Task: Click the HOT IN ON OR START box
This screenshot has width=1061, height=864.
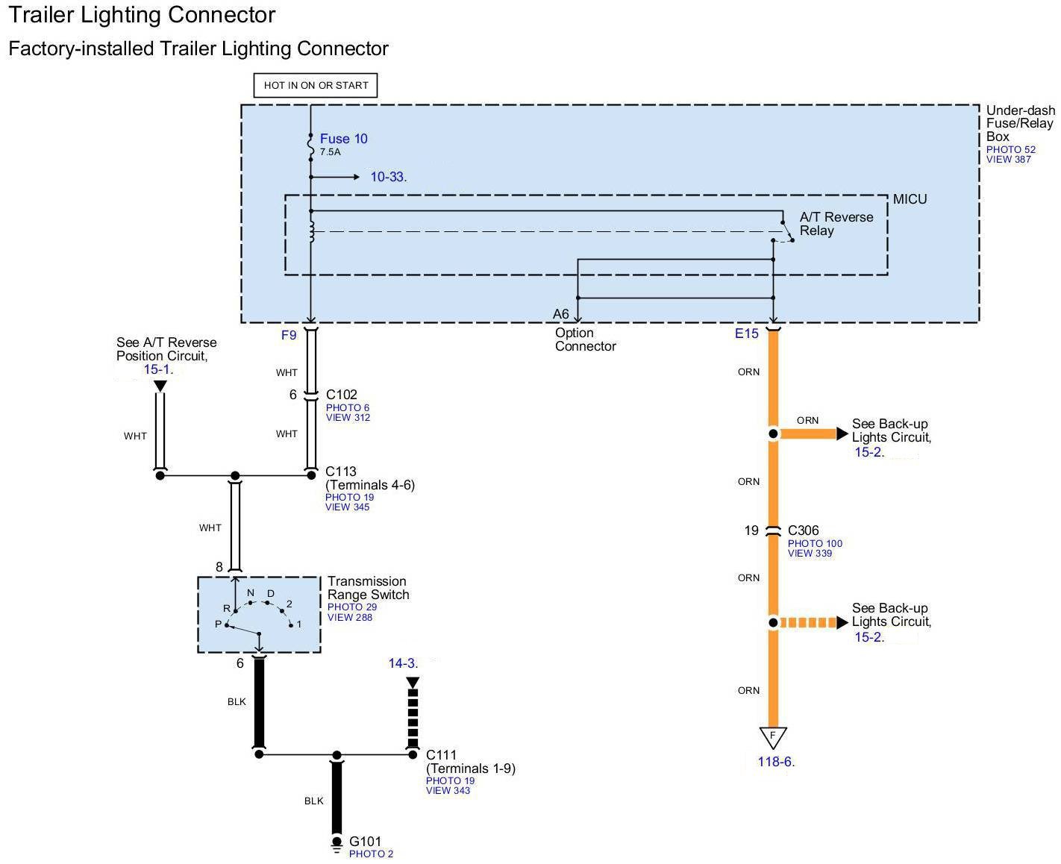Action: (316, 85)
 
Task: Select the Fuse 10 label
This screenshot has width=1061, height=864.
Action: (343, 139)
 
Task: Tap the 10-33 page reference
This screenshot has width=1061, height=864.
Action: (388, 177)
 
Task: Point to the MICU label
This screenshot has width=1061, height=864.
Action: (910, 199)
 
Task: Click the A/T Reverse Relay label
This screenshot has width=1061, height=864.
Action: (836, 224)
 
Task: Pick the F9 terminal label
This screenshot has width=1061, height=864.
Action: (289, 335)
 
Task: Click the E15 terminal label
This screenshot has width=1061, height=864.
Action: (746, 334)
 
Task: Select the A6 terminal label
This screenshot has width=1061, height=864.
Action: (561, 314)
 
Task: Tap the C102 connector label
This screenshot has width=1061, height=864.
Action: (342, 395)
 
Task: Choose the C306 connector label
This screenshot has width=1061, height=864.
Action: (803, 530)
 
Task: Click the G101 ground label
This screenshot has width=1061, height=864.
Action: (365, 842)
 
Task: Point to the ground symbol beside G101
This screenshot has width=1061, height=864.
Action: (337, 845)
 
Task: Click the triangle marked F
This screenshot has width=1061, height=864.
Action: (773, 736)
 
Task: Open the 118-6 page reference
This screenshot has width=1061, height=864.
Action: (776, 762)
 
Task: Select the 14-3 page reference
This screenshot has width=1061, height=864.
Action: (403, 663)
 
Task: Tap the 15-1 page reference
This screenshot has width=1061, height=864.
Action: (158, 369)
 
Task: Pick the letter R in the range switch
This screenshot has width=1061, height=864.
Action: (226, 609)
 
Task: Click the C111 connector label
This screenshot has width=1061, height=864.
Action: (441, 755)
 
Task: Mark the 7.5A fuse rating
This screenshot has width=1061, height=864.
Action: (330, 152)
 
